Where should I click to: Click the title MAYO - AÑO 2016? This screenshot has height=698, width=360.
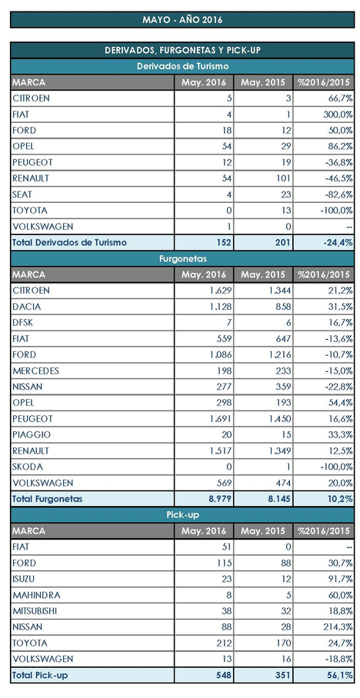[182, 20]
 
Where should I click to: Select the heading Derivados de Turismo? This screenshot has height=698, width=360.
[182, 66]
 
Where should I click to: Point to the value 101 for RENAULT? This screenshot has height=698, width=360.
[284, 178]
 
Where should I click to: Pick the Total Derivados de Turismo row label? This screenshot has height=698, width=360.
[69, 243]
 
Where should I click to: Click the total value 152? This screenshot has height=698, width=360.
[224, 243]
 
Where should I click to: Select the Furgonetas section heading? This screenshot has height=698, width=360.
[182, 258]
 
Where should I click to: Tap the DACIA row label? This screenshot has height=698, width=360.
[27, 307]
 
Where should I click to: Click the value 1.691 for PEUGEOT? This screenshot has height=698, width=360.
[221, 419]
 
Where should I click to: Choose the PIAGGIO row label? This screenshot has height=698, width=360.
[32, 435]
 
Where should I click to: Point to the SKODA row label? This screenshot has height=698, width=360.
[28, 467]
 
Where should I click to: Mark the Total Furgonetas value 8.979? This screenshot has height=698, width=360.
[221, 499]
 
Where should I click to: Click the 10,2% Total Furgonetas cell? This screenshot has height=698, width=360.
[341, 499]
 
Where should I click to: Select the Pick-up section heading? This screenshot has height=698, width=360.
[182, 515]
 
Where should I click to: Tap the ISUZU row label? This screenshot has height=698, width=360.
[25, 579]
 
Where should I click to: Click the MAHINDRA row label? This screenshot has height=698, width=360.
[36, 595]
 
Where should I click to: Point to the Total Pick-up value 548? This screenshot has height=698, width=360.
[224, 675]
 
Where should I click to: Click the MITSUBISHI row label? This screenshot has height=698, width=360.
[35, 611]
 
